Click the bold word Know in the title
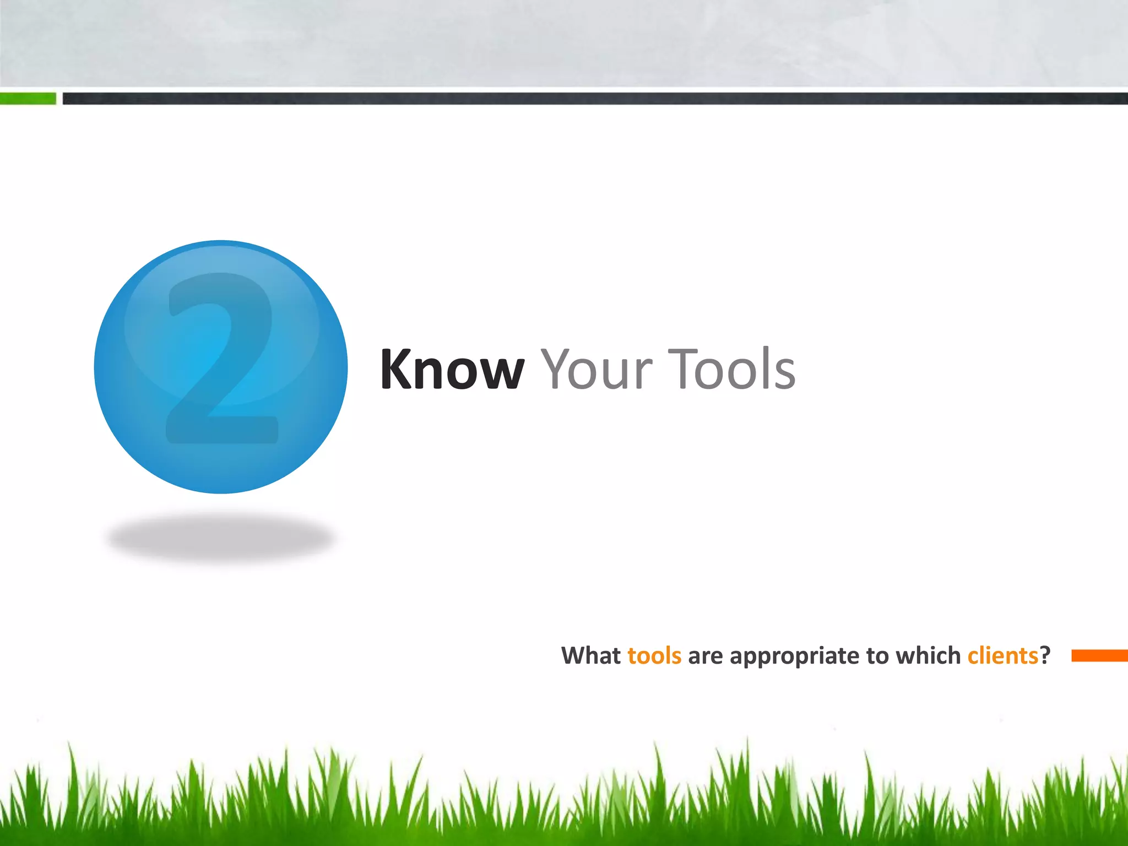pos(452,370)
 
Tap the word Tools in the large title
pos(732,370)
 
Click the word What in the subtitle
pos(590,656)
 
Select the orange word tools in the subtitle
pos(654,656)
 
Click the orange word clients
pos(1002,656)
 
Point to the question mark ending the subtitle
pos(1045,656)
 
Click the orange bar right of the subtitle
pos(1099,655)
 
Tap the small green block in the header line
pos(28,99)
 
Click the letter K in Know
pos(395,370)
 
